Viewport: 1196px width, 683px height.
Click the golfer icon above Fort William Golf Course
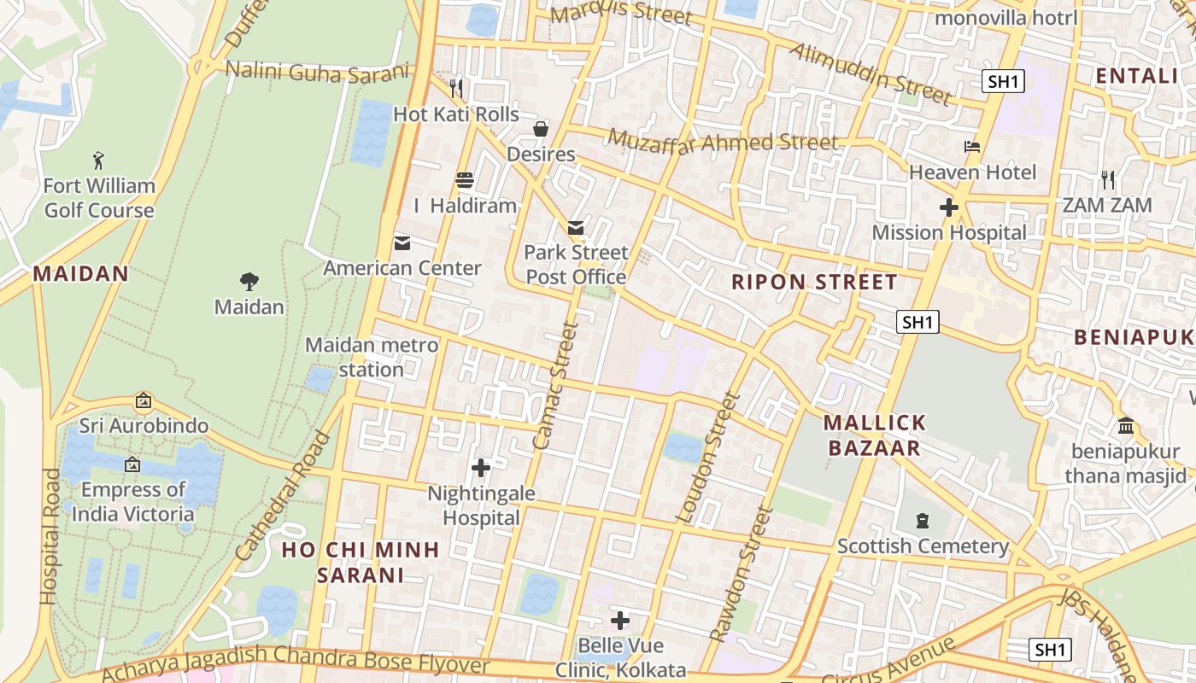pyautogui.click(x=98, y=160)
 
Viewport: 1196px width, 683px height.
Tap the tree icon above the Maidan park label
pyautogui.click(x=249, y=281)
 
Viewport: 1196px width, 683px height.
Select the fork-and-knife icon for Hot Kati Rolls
pyautogui.click(x=456, y=88)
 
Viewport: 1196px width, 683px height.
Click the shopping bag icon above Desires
pyautogui.click(x=541, y=129)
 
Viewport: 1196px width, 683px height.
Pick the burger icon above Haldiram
pyautogui.click(x=465, y=180)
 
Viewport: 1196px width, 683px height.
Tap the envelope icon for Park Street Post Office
pyautogui.click(x=576, y=227)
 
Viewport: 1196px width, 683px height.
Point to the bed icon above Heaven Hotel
pyautogui.click(x=972, y=147)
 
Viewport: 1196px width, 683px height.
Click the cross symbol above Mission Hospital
pyautogui.click(x=948, y=207)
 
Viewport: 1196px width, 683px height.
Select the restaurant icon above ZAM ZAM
pyautogui.click(x=1108, y=180)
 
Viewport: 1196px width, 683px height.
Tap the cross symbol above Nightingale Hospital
pyautogui.click(x=481, y=468)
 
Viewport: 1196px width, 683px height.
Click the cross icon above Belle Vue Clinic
pyautogui.click(x=620, y=621)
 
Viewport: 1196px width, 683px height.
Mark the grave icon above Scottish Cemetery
pyautogui.click(x=923, y=520)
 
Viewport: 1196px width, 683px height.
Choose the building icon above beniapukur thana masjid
pyautogui.click(x=1126, y=425)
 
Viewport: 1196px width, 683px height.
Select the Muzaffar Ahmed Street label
pyautogui.click(x=723, y=141)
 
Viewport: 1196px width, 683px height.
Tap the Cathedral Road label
pyautogui.click(x=283, y=497)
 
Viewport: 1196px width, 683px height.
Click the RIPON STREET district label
pyautogui.click(x=814, y=283)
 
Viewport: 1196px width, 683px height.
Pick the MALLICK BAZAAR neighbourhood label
pyautogui.click(x=872, y=435)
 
